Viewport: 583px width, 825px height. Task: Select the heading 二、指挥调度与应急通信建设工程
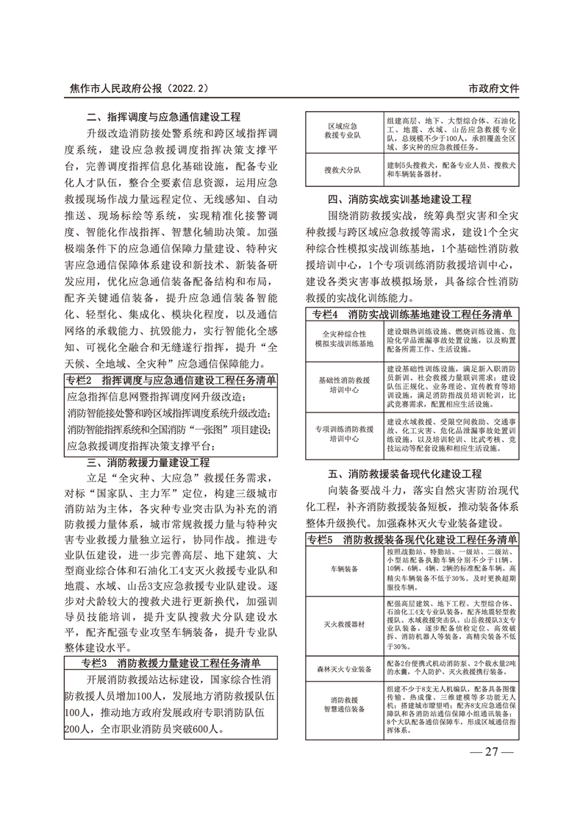click(162, 117)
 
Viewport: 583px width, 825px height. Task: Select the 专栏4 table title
click(413, 315)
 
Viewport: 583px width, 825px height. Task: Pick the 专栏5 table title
click(413, 539)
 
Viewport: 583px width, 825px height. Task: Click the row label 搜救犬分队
click(343, 170)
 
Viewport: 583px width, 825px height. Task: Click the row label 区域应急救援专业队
click(343, 131)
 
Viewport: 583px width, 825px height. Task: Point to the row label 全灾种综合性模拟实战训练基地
click(343, 339)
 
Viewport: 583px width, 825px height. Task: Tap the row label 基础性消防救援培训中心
click(343, 385)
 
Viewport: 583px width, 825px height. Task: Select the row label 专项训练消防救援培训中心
click(343, 432)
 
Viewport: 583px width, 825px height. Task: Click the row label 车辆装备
click(343, 568)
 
